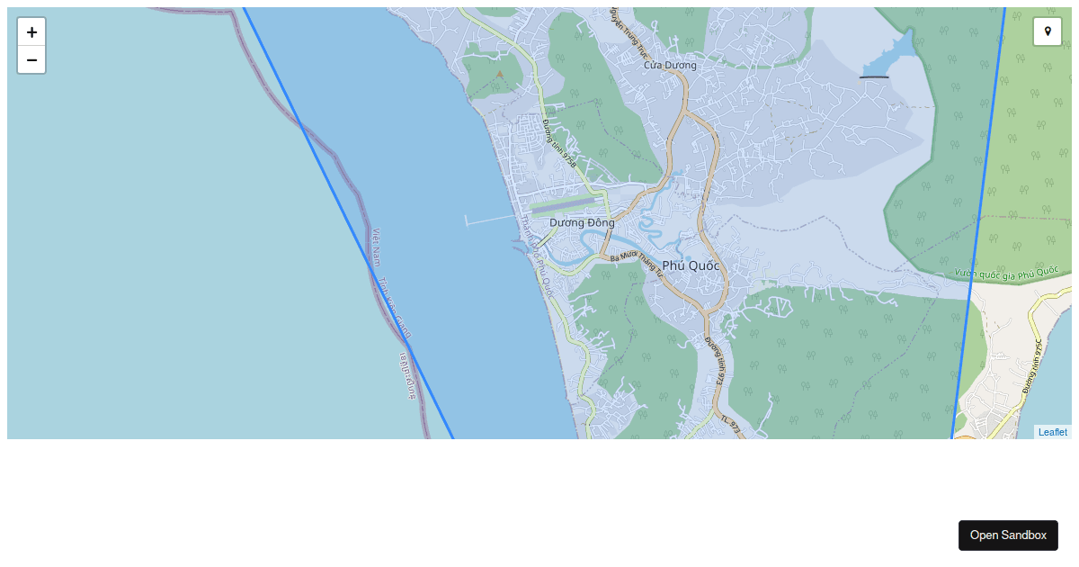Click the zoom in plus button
tap(31, 32)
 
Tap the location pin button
tap(1048, 31)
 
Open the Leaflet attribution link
tap(1052, 432)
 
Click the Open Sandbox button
tap(1008, 535)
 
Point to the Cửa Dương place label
tap(670, 65)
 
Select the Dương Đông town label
tap(582, 222)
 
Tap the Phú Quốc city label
tap(691, 265)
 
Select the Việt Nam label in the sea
tap(377, 247)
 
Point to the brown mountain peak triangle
tap(500, 75)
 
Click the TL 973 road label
tap(729, 423)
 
